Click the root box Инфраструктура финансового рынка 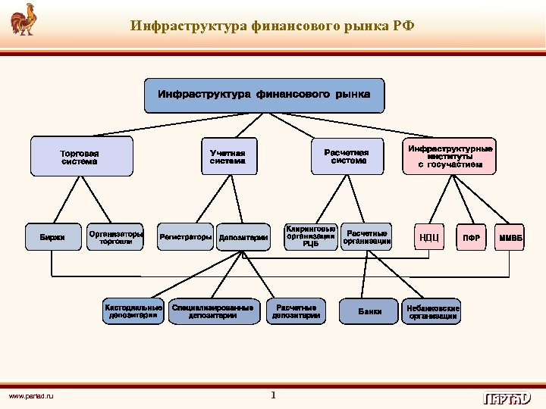pos(264,95)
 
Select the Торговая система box pos(80,157)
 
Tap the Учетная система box pos(228,157)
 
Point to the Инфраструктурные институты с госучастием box pos(450,156)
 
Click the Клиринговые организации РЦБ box pos(311,236)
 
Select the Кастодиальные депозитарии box pos(133,311)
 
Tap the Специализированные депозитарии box pos(213,311)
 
